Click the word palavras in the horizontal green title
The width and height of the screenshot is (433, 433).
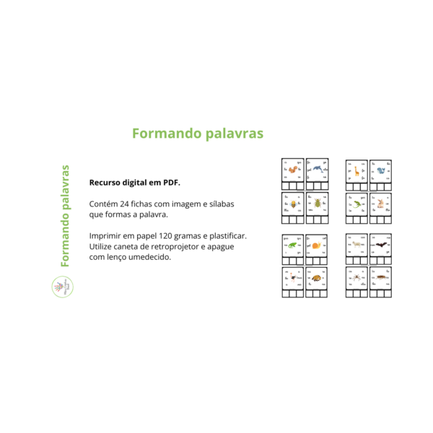point(230,134)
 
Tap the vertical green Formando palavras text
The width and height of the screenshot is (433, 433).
point(65,216)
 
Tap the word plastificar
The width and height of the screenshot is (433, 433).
point(224,236)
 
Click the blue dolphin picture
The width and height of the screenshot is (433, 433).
point(317,170)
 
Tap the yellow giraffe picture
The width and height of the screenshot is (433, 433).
point(356,172)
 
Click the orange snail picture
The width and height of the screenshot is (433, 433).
point(317,245)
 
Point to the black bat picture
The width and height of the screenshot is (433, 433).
point(380,245)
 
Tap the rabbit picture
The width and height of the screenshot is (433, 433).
point(380,204)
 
